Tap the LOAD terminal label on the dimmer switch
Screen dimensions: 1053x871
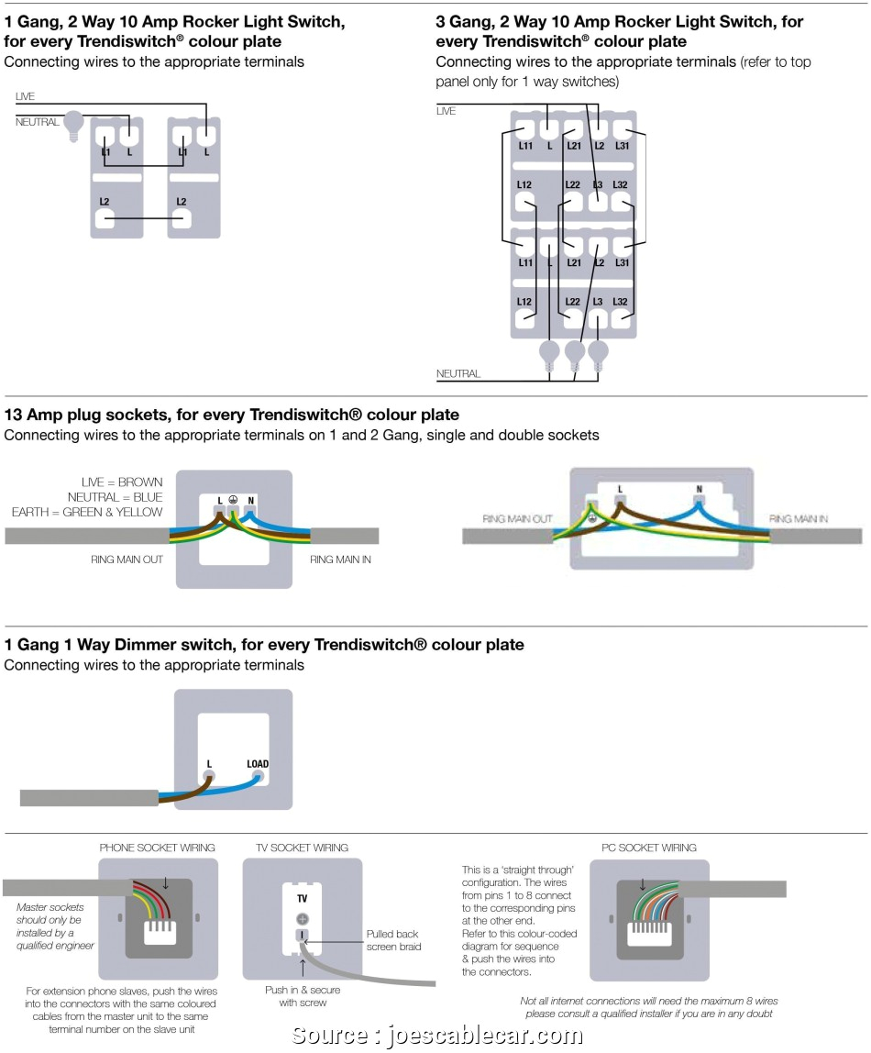(x=258, y=763)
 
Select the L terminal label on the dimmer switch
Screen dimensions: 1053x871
(x=209, y=763)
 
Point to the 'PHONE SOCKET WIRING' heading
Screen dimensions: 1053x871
(x=157, y=848)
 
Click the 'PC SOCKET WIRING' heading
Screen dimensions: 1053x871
(x=648, y=848)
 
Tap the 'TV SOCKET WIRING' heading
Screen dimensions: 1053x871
(x=302, y=848)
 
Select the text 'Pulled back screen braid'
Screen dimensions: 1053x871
(x=393, y=940)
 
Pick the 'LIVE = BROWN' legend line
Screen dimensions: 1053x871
(x=121, y=482)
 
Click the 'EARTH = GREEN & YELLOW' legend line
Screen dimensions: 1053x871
(x=87, y=512)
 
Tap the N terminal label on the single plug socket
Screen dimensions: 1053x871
(x=250, y=501)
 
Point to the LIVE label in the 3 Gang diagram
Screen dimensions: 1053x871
(x=446, y=111)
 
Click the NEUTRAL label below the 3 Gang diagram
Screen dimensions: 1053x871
(x=458, y=374)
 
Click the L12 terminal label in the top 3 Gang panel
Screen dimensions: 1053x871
(x=524, y=184)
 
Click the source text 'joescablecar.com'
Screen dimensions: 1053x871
(x=485, y=1037)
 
